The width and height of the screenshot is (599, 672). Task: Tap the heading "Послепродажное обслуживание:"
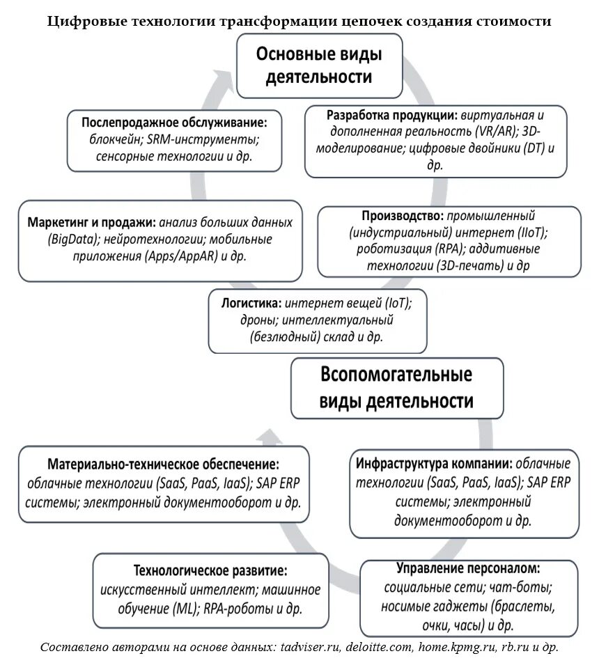click(174, 121)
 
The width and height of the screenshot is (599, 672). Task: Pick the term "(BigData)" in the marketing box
click(73, 240)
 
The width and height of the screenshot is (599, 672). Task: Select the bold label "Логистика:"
click(251, 304)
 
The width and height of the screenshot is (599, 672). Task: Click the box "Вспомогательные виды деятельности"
click(396, 387)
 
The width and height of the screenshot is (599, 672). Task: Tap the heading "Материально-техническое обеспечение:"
click(164, 464)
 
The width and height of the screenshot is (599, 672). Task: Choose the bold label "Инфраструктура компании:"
click(434, 463)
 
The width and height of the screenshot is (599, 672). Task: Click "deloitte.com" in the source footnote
click(377, 647)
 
